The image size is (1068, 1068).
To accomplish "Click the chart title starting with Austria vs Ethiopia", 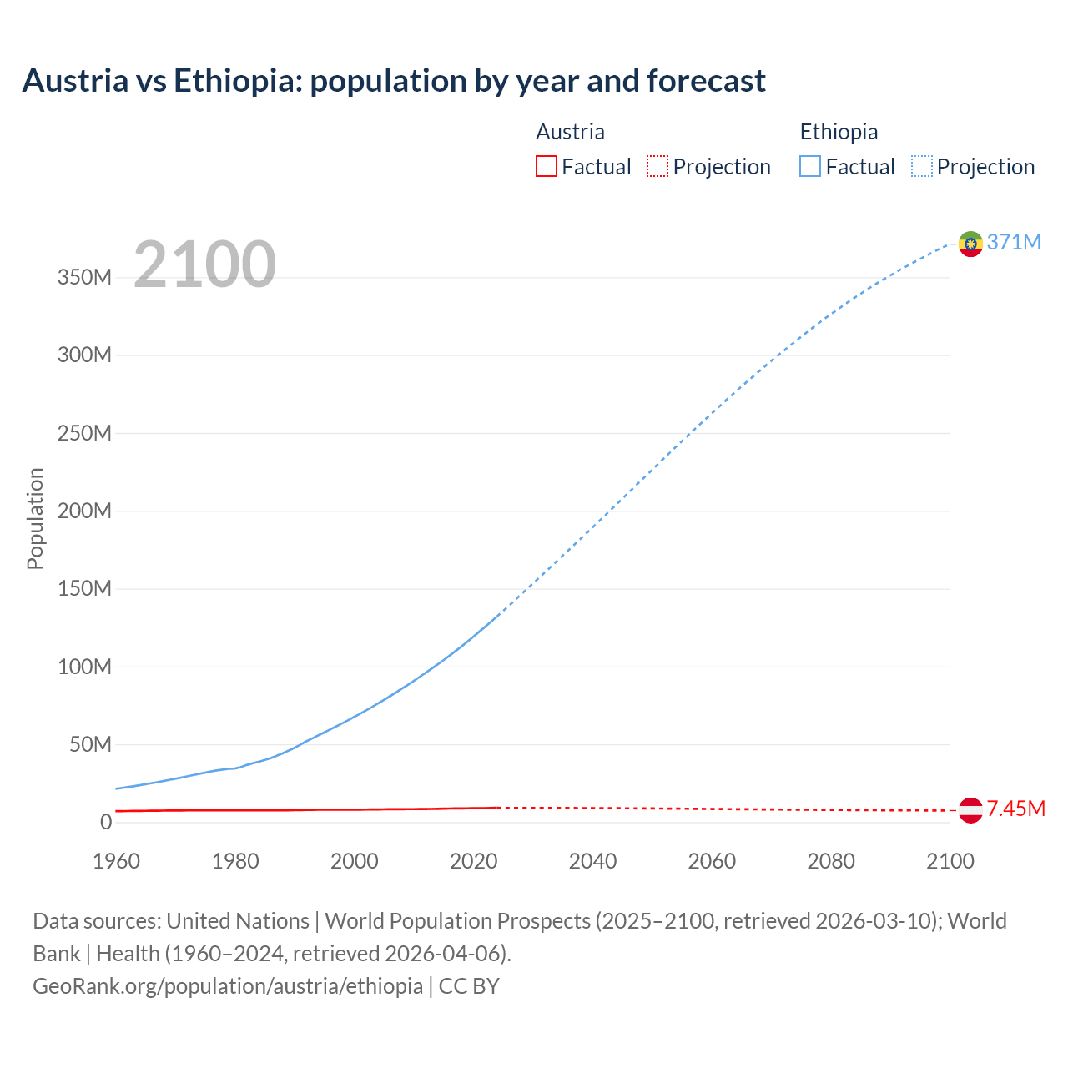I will click(x=393, y=81).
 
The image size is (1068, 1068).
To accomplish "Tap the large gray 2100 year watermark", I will click(x=204, y=264).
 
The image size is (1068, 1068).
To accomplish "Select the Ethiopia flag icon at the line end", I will click(x=970, y=244).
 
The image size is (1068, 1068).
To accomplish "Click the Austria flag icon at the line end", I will click(x=970, y=810).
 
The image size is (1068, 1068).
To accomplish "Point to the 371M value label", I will click(x=1014, y=242).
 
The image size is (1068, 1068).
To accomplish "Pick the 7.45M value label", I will click(x=1015, y=809).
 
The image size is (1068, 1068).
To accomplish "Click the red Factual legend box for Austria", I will click(x=547, y=167).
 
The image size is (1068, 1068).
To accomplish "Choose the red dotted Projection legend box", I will click(x=657, y=167).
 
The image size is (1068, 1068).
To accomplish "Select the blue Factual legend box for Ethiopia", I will click(x=810, y=167).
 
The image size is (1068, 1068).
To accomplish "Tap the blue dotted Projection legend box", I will click(x=922, y=167).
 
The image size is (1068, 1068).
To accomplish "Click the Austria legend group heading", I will click(x=570, y=132).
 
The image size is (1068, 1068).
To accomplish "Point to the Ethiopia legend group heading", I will click(x=839, y=132).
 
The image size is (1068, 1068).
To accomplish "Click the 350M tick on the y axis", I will click(x=84, y=277).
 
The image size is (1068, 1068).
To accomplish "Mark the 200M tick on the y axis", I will click(x=84, y=511).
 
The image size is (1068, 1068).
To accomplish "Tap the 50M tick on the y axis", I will click(x=90, y=744).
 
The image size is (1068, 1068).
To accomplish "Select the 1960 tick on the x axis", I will click(x=116, y=861).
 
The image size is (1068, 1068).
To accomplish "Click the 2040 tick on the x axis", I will click(x=592, y=861).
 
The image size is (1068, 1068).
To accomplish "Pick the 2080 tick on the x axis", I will click(x=831, y=861).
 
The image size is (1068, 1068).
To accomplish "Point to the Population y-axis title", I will click(x=35, y=518).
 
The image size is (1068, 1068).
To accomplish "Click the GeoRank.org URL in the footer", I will click(x=228, y=986).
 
